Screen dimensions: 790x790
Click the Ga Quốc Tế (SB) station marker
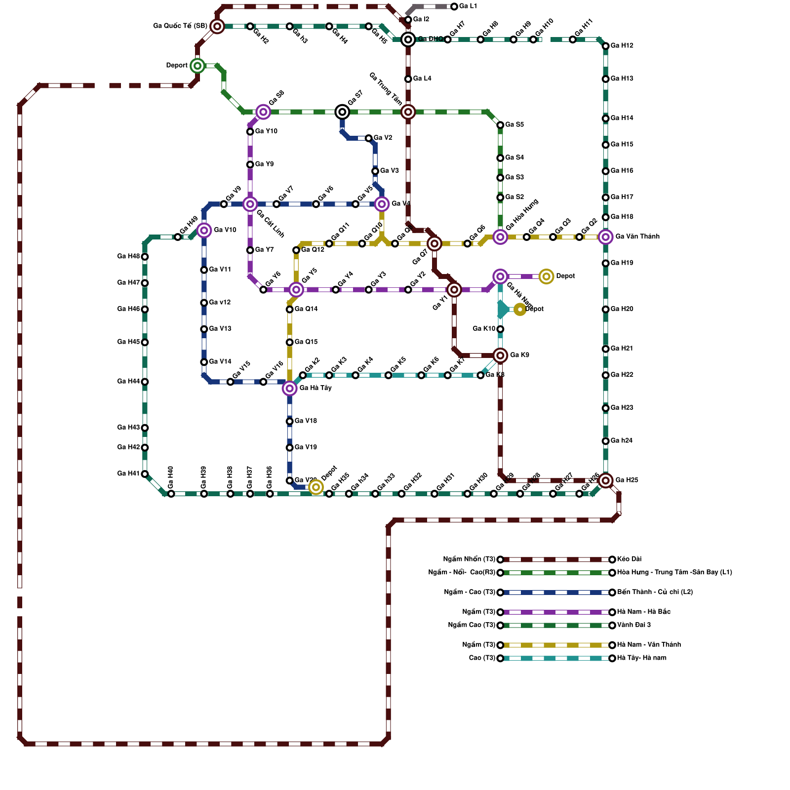[x=217, y=26]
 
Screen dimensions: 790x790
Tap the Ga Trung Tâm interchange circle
[x=408, y=112]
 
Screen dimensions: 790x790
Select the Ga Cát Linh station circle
[x=250, y=204]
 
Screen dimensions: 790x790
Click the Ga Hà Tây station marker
[x=289, y=389]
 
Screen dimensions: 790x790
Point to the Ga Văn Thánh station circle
[x=605, y=237]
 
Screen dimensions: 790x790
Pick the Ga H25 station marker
[x=605, y=480]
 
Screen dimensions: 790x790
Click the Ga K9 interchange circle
[x=500, y=355]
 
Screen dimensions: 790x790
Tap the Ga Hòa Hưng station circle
[x=500, y=237]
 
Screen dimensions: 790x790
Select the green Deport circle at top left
[x=197, y=66]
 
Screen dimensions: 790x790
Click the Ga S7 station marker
[x=342, y=112]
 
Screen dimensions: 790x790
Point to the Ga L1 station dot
[x=454, y=6]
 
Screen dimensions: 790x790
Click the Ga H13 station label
[x=622, y=79]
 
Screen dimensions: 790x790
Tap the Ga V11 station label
[x=220, y=270]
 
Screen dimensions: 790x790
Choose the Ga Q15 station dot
[x=289, y=342]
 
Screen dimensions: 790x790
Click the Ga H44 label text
[x=128, y=381]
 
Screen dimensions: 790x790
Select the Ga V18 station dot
[x=289, y=421]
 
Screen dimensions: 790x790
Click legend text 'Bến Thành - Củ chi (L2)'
[x=655, y=592]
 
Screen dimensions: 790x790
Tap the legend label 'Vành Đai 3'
[x=633, y=625]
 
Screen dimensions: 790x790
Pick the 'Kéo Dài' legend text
[x=629, y=559]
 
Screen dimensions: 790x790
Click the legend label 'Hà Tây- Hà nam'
[x=641, y=658]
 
